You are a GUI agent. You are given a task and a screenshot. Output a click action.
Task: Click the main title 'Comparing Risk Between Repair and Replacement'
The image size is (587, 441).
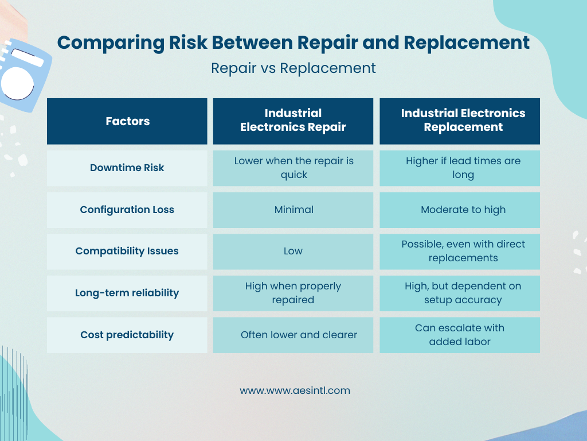pos(293,42)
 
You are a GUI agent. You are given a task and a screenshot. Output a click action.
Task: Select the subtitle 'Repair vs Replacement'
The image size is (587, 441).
pos(293,68)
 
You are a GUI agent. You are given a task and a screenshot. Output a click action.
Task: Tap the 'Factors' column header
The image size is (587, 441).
pos(127,121)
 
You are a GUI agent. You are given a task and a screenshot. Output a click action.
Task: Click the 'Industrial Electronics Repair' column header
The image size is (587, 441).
pos(293,121)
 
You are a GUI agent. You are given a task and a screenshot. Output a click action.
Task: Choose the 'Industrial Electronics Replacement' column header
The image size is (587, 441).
pos(463,121)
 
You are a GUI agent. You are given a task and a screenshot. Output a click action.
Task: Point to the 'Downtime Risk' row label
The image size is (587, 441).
pos(127,168)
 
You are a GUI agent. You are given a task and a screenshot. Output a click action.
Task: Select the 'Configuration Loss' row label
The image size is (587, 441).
pos(127,210)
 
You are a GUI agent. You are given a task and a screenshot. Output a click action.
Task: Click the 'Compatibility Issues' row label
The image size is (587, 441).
pos(127,251)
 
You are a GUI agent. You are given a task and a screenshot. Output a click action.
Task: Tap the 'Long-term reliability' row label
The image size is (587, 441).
pos(127,293)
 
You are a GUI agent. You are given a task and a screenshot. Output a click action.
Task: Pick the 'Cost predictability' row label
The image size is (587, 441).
pos(127,335)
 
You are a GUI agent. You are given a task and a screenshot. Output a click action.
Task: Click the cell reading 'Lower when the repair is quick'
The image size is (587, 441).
pos(293,168)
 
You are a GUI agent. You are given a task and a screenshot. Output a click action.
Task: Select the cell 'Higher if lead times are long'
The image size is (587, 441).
pos(463,168)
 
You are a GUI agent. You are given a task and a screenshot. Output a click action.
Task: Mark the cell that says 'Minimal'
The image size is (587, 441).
pos(293,210)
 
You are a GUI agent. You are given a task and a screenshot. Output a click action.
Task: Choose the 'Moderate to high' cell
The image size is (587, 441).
pos(463,210)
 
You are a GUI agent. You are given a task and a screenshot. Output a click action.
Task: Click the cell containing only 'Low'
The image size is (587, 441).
pos(293,251)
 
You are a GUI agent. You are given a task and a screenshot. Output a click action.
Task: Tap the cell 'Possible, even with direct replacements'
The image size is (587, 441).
pos(463,251)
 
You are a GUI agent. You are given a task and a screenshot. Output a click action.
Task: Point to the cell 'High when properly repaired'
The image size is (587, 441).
pos(293,293)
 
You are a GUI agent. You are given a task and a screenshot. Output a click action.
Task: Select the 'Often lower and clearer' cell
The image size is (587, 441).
pos(299,335)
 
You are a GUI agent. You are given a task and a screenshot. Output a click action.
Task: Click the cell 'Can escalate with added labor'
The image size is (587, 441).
pos(460,335)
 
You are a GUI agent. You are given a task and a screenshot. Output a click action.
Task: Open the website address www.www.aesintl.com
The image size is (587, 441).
pos(295,390)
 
